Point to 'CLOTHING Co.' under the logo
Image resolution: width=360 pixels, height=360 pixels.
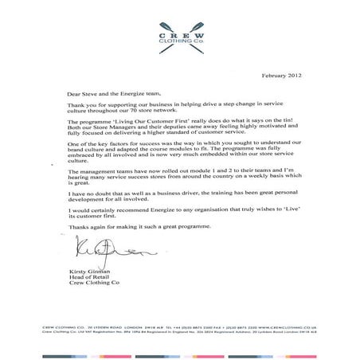[x=180, y=45]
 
